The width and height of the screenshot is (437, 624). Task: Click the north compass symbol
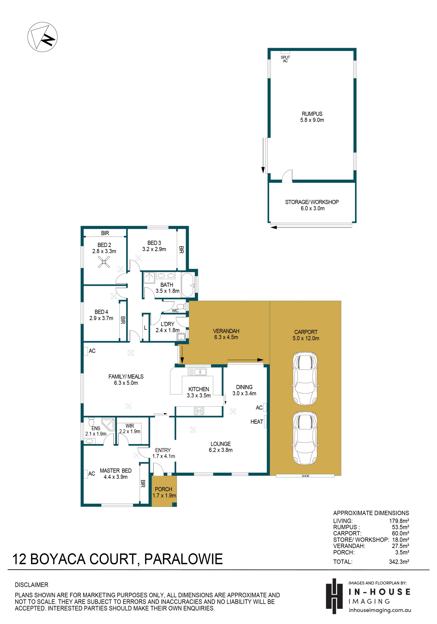(x=42, y=37)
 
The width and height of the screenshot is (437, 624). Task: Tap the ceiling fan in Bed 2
(x=104, y=262)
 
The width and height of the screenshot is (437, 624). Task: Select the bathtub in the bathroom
(x=188, y=285)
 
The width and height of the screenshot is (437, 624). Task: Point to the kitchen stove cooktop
(x=199, y=411)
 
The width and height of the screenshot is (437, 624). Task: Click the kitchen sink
(x=197, y=372)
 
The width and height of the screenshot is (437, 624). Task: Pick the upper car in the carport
(x=305, y=378)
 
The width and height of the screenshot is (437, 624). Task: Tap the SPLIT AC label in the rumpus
(x=285, y=59)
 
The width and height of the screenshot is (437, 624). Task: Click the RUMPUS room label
(x=312, y=114)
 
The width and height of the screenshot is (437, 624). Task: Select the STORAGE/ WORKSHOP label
(x=312, y=202)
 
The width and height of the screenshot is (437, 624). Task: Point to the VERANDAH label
(x=226, y=331)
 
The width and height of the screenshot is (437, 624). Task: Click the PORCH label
(x=163, y=489)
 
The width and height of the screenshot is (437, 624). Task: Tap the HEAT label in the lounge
(x=257, y=422)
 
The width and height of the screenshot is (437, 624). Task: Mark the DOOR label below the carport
(x=305, y=476)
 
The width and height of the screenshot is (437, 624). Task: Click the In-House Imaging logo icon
(x=335, y=596)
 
